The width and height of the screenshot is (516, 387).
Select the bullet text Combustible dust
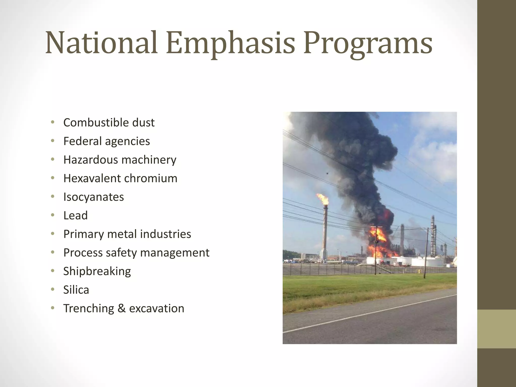(x=109, y=123)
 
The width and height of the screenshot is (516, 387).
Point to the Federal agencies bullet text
(x=107, y=141)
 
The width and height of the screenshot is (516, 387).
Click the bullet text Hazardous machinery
(x=120, y=160)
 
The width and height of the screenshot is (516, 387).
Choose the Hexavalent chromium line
(x=120, y=178)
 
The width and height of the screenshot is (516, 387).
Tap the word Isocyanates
(x=93, y=197)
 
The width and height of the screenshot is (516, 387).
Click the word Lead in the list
(x=75, y=215)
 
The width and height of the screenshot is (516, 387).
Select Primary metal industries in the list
(x=127, y=234)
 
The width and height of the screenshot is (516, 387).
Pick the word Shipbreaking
(x=97, y=271)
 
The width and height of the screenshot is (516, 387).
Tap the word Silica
(x=76, y=290)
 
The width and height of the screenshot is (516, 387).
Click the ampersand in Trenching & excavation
(x=121, y=308)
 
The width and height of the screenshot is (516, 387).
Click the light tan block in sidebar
(x=496, y=329)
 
